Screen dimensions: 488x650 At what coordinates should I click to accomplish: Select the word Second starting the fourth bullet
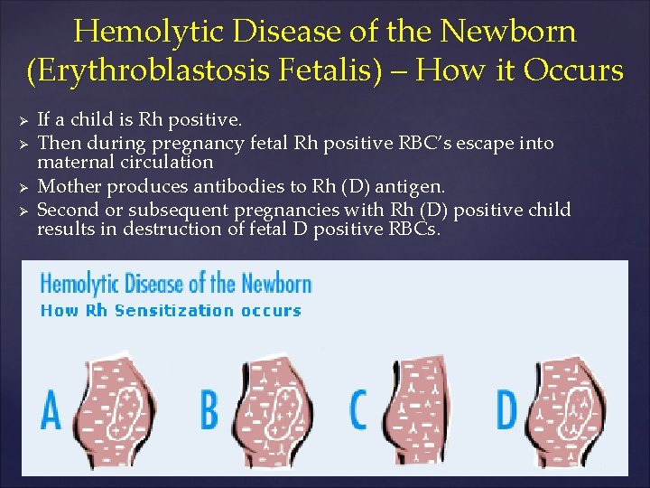pos(69,210)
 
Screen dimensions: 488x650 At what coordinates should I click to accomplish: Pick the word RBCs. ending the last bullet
pos(413,229)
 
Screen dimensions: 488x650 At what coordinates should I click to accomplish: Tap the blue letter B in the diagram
pos(209,409)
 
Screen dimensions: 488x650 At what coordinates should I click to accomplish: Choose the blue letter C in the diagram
pos(359,409)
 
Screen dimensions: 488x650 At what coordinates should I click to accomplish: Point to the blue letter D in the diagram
pos(506,409)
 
